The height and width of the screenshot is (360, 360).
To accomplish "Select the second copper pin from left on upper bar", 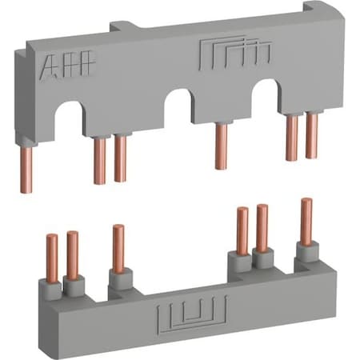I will click(100, 160).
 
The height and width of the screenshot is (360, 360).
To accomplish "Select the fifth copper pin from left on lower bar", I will click(261, 227).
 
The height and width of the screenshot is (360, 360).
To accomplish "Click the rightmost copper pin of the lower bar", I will click(306, 221).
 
